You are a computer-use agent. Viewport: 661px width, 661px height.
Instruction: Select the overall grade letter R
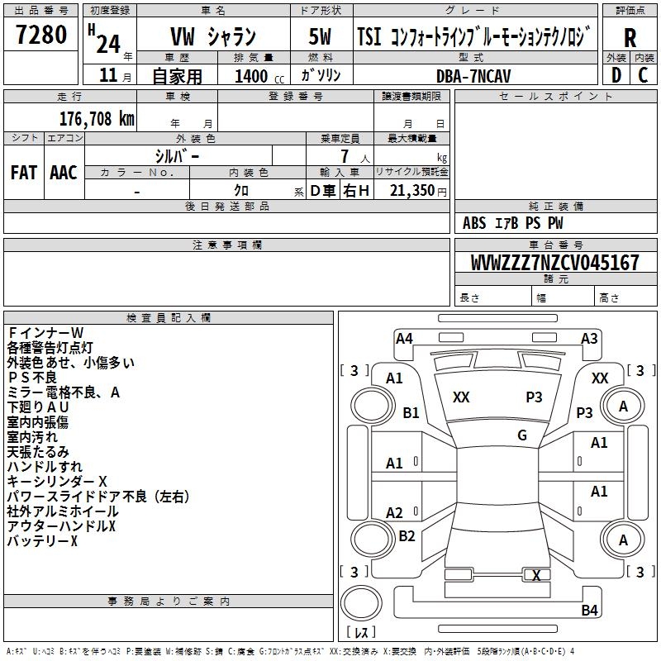[630, 38]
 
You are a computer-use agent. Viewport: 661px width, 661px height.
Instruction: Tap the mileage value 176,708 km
[97, 118]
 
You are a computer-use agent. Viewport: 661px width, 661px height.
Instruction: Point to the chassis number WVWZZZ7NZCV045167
[554, 263]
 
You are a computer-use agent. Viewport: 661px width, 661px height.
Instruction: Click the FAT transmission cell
[23, 172]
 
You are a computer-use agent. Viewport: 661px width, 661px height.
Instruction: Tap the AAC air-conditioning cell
[64, 172]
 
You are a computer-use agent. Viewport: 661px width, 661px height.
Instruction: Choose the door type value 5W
[320, 38]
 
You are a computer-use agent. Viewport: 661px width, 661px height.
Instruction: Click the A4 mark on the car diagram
[404, 338]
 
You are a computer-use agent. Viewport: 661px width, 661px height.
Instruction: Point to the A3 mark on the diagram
[589, 338]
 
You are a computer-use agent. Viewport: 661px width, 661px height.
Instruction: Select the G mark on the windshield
[522, 435]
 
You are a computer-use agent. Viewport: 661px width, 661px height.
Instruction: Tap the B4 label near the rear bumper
[589, 611]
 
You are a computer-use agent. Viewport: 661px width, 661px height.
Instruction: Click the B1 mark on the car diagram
[411, 412]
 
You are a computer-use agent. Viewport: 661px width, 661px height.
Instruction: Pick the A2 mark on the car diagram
[395, 512]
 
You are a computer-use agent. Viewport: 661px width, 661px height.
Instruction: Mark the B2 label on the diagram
[407, 536]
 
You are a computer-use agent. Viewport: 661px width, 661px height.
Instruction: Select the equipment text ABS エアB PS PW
[513, 223]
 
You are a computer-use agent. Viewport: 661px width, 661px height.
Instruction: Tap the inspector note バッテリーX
[42, 541]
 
